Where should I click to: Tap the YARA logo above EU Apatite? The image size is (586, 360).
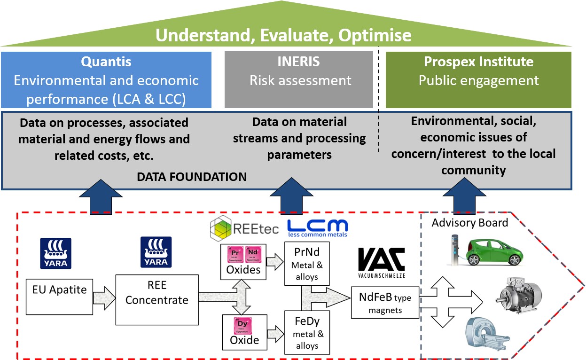56,253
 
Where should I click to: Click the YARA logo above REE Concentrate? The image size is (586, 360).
156,252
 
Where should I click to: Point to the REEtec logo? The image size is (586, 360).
244,228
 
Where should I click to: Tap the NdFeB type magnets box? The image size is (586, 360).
385,304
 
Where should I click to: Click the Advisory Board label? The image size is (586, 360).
470,223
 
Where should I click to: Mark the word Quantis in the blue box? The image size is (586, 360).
106,62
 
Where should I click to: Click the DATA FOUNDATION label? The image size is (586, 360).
192,177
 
